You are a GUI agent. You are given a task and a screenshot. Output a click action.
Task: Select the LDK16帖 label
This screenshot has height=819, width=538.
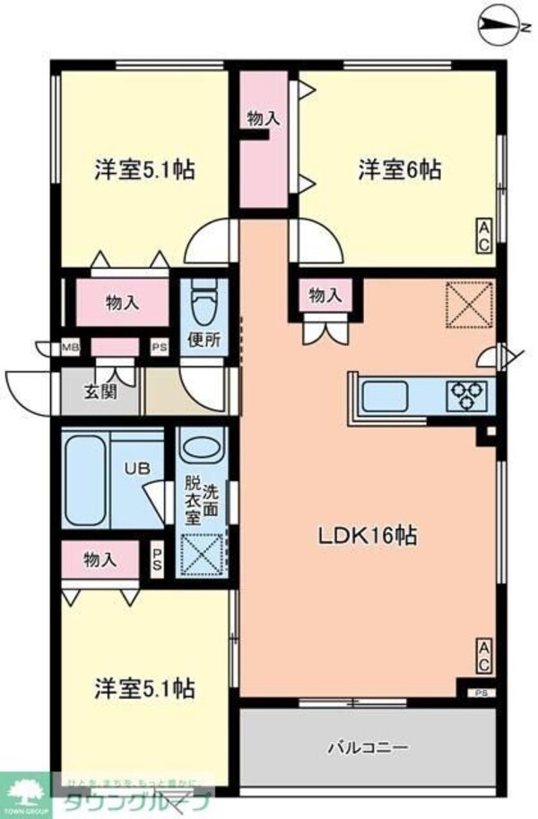click(368, 535)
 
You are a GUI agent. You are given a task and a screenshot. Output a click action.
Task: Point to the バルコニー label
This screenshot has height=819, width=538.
click(367, 746)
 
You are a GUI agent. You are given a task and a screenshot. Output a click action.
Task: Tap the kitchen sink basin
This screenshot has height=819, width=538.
click(384, 393)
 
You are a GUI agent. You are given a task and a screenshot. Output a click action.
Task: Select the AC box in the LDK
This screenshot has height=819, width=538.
click(482, 657)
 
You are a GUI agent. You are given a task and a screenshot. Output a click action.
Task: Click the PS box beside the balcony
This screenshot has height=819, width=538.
click(482, 691)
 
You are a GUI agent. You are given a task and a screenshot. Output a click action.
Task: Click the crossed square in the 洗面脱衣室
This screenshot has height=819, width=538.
click(202, 554)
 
